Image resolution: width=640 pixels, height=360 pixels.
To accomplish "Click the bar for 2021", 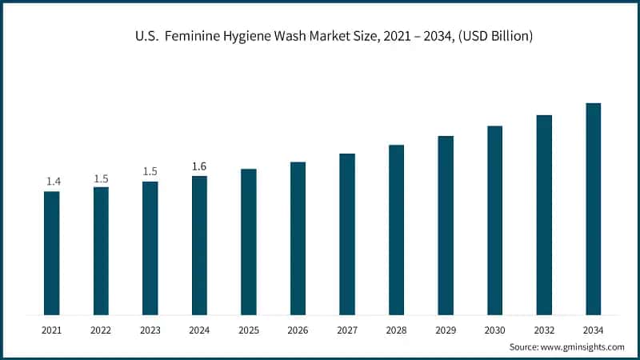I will pos(52,253).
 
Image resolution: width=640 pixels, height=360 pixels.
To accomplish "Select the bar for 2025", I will pos(249,242).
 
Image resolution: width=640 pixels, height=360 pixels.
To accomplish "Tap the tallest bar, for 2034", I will pos(593,209).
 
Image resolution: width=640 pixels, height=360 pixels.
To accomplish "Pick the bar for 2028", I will pos(396,230).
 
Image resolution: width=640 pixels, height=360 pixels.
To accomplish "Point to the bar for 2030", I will pos(494,220).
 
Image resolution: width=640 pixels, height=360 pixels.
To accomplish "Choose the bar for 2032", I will pos(544,214).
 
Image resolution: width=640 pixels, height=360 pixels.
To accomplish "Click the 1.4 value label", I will pos(53,182).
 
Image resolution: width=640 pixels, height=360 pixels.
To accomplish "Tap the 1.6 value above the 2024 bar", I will pos(199,166).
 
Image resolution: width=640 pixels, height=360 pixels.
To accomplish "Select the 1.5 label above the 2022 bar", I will pos(102,178).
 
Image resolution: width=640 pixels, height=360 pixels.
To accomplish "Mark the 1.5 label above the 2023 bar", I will pos(150,172).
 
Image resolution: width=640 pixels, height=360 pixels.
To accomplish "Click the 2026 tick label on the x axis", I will pos(298,329).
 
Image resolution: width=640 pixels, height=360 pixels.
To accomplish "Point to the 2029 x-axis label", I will pos(446,329).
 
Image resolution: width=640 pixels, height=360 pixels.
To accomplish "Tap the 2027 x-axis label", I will pos(347,329).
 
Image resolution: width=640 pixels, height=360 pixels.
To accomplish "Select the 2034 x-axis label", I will pos(593,329).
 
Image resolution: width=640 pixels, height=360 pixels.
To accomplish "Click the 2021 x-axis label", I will pos(52,329).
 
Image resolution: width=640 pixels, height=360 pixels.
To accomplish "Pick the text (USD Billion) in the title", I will pos(494,37).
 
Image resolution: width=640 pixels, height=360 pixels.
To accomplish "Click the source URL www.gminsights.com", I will pos(583,346).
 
